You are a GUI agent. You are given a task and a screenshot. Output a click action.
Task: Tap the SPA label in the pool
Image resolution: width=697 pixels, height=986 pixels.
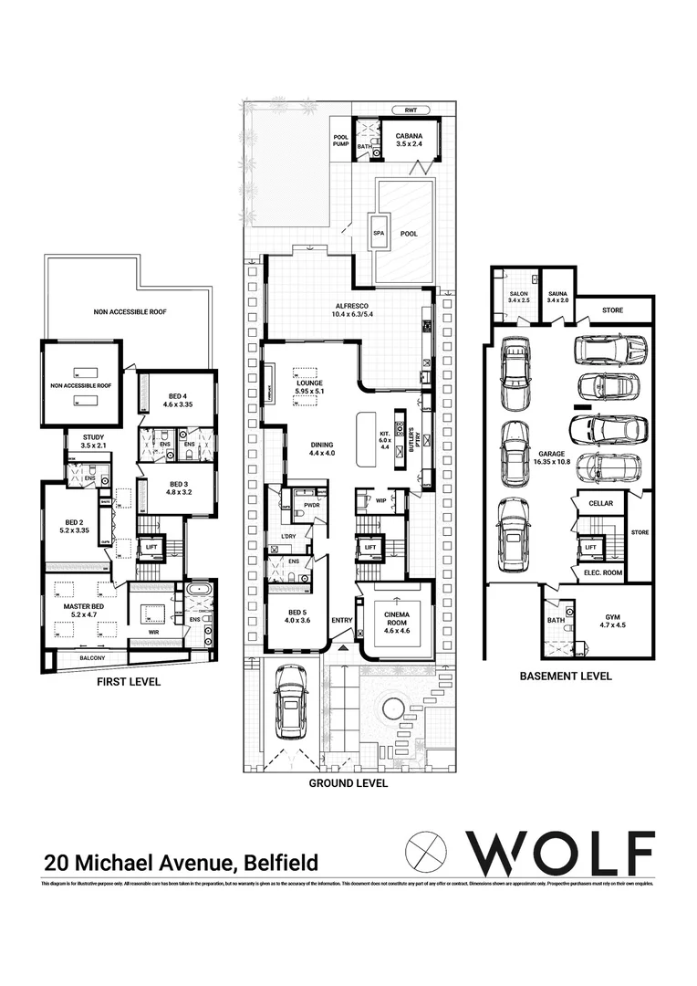[379, 234]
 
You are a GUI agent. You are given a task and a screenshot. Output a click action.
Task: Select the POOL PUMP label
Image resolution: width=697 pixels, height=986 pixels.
[340, 141]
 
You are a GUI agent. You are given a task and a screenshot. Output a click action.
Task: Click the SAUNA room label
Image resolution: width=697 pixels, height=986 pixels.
[557, 293]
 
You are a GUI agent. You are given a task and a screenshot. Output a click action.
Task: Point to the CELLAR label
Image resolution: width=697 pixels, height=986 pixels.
[600, 504]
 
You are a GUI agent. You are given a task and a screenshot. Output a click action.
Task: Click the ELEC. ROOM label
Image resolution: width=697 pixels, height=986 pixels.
[602, 572]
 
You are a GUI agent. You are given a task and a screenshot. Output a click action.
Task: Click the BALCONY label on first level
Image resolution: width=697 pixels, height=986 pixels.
[92, 658]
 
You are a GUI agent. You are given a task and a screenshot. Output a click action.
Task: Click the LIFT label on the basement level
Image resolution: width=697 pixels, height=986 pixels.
[591, 547]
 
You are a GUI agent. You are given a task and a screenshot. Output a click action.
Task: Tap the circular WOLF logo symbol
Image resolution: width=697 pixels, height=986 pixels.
[425, 853]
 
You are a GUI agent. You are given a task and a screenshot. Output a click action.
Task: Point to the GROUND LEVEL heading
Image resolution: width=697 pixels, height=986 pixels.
[348, 783]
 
